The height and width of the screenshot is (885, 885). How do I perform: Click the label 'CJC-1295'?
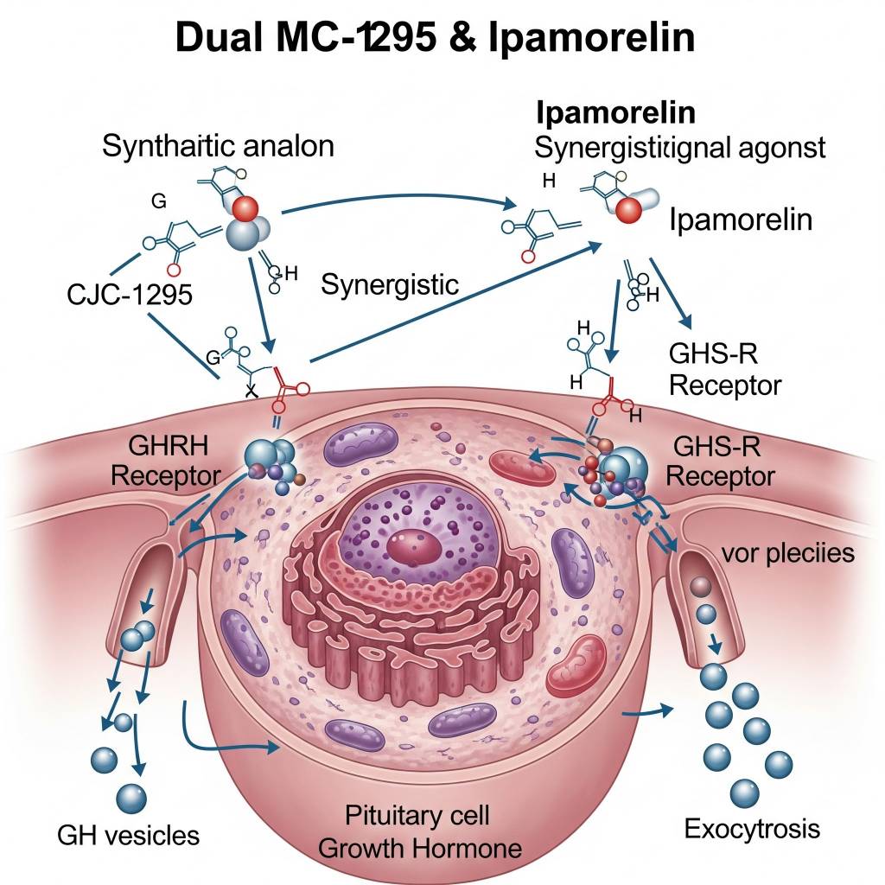[130, 294]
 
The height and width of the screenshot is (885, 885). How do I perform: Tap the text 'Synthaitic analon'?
[218, 145]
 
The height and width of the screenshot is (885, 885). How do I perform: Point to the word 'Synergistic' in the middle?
[390, 284]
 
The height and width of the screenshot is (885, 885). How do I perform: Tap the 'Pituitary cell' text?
[417, 814]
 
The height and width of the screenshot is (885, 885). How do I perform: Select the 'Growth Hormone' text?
[420, 847]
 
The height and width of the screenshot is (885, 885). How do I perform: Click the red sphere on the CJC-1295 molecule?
[245, 208]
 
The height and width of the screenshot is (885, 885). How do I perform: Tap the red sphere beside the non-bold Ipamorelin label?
[628, 207]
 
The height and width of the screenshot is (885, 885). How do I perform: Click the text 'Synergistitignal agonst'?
[680, 147]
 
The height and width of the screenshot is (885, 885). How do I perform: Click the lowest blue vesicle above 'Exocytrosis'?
[744, 791]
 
